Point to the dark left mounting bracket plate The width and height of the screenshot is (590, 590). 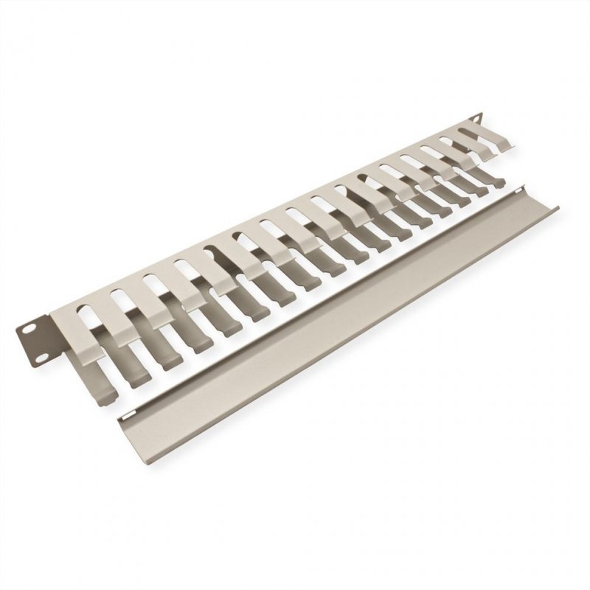click(42, 341)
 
